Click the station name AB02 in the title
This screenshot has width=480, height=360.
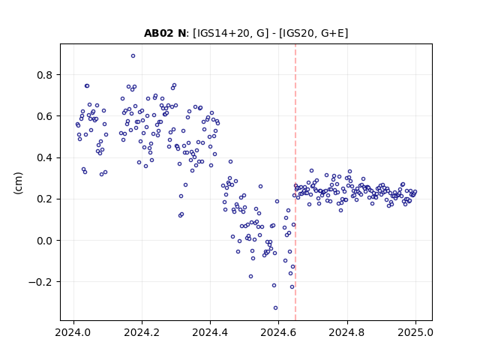159,33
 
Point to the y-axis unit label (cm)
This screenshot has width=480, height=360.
18,183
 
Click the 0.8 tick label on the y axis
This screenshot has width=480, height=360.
45,75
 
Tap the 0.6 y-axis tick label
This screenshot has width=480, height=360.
45,116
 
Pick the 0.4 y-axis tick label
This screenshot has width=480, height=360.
45,158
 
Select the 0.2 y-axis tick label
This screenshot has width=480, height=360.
45,199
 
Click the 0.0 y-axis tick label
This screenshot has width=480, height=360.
45,241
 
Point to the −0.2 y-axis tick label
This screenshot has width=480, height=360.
41,282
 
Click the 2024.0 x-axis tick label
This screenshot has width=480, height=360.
73,332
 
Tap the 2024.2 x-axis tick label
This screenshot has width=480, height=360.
142,332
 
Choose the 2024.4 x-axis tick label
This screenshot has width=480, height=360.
210,332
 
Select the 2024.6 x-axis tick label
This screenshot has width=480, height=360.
278,332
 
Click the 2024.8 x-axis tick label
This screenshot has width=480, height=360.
347,332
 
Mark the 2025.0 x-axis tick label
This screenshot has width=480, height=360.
415,332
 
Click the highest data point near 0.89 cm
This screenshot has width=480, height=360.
133,56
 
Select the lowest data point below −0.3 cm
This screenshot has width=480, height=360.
275,308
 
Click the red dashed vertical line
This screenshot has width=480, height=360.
295,182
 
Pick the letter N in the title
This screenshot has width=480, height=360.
181,33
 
